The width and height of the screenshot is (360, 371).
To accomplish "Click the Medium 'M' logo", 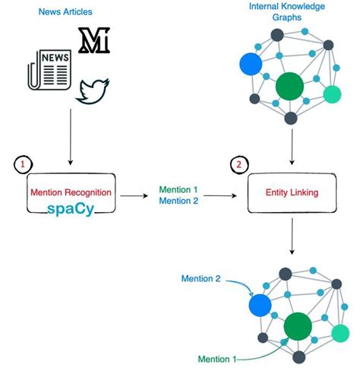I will coord(94,40).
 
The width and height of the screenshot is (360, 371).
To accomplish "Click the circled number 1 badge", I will coord(24,164).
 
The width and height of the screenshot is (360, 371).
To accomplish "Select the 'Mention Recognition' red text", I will coord(70,192).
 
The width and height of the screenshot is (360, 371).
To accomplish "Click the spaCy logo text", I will coord(70,208).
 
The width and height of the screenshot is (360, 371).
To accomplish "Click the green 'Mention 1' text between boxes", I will coord(180,189).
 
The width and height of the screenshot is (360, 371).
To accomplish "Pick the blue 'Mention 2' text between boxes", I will coord(180,201).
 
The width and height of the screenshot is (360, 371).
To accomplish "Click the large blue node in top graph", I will coord(250,65).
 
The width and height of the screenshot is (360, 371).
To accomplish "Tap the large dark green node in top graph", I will coord(289,86).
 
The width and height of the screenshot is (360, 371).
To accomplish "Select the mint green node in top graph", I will coord(332,94).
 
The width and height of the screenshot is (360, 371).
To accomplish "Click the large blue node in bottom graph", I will coord(260,305).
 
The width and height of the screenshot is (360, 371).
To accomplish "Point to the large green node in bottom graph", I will coord(298,328).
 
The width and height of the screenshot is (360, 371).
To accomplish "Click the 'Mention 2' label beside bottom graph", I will coord(202,279).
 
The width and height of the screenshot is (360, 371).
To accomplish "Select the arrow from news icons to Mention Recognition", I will coord(70,137).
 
